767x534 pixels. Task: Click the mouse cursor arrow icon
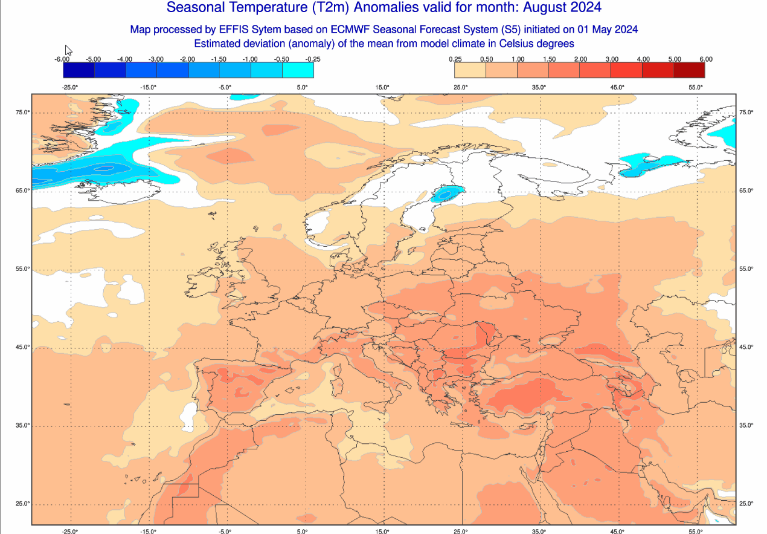[x=68, y=50]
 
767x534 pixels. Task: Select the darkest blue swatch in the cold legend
[x=79, y=70]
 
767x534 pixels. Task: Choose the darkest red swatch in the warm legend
[x=689, y=70]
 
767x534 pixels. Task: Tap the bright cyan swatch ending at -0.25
[x=298, y=70]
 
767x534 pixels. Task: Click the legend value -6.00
[x=62, y=59]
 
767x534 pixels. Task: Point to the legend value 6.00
[x=705, y=59]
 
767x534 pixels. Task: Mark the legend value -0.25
[x=313, y=59]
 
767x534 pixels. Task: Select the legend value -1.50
[x=219, y=59]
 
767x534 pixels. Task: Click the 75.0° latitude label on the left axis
[x=23, y=112]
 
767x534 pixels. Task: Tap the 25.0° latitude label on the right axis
[x=746, y=504]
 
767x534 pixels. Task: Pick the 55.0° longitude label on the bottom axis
[x=696, y=532]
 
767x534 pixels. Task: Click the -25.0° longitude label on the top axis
[x=70, y=87]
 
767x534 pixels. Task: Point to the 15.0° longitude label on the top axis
[x=382, y=87]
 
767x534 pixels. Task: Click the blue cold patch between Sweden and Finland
[x=447, y=194]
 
